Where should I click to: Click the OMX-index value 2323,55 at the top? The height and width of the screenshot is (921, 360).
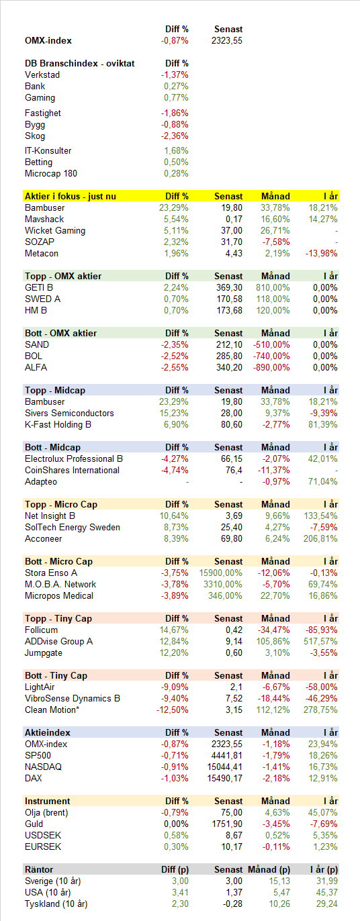[x=227, y=41]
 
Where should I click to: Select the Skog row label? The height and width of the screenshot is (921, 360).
[x=35, y=136]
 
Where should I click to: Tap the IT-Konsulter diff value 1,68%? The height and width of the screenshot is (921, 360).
[x=176, y=151]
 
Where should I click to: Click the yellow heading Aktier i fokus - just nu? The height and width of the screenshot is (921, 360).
[x=71, y=197]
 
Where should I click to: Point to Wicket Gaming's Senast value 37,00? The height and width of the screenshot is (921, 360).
[x=232, y=231]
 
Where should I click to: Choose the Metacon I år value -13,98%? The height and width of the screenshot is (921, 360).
[x=321, y=254]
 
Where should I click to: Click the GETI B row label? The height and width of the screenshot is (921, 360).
[x=39, y=288]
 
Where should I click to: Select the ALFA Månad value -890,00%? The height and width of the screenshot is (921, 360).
[x=271, y=368]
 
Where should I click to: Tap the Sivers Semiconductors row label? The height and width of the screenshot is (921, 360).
[x=69, y=414]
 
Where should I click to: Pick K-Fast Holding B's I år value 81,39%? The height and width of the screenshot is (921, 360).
[x=323, y=425]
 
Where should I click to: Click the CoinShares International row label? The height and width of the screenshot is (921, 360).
[x=72, y=471]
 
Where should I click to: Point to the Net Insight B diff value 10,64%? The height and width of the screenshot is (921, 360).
[x=174, y=516]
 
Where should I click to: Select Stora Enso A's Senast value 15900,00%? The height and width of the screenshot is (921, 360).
[x=221, y=573]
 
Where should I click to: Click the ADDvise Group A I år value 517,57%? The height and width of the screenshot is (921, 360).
[x=320, y=642]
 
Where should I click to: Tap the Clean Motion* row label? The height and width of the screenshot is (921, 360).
[x=52, y=710]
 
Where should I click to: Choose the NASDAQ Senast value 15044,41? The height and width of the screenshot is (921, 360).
[x=224, y=767]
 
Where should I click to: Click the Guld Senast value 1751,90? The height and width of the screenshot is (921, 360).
[x=227, y=824]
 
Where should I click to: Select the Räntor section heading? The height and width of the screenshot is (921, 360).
[x=39, y=870]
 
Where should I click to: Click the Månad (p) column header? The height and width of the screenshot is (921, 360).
[x=269, y=870]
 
